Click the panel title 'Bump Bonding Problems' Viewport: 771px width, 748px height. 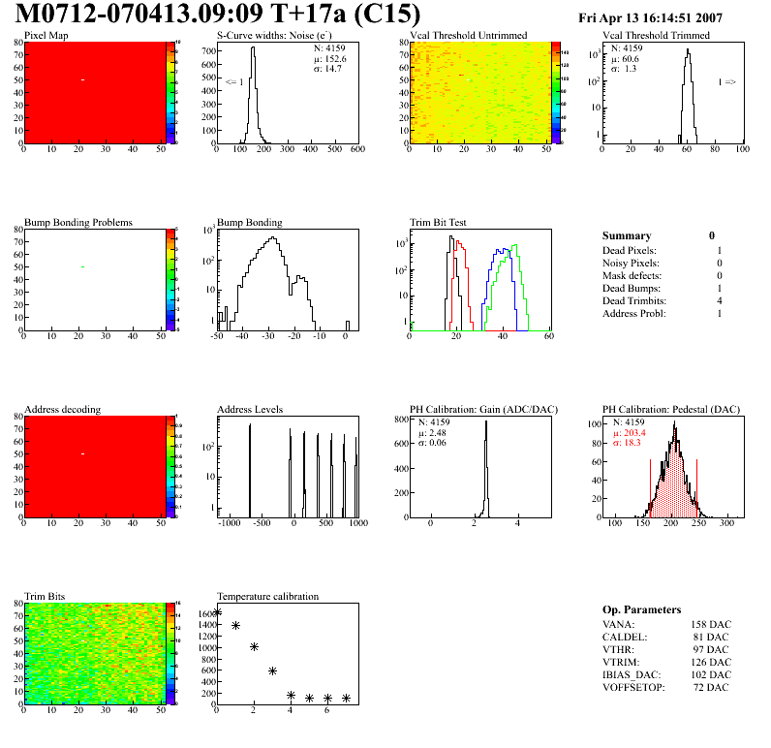(x=78, y=222)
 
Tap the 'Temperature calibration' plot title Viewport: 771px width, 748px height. (x=267, y=596)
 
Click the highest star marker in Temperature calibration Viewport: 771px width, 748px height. (x=217, y=612)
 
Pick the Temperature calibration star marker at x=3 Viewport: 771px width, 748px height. (x=272, y=670)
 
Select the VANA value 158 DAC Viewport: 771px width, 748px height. (x=711, y=624)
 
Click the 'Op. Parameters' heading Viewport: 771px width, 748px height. (x=641, y=609)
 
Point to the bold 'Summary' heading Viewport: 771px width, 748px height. (x=627, y=235)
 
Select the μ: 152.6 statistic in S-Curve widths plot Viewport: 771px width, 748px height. (x=329, y=58)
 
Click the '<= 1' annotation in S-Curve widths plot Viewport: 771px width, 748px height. (x=233, y=82)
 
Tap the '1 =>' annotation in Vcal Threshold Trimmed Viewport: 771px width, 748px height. (x=726, y=82)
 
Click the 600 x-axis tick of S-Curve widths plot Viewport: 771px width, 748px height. (x=356, y=150)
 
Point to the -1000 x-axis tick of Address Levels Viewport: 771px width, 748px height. (x=230, y=523)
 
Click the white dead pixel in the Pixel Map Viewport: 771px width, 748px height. (x=83, y=79)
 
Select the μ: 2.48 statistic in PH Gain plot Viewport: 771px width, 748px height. (x=432, y=432)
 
